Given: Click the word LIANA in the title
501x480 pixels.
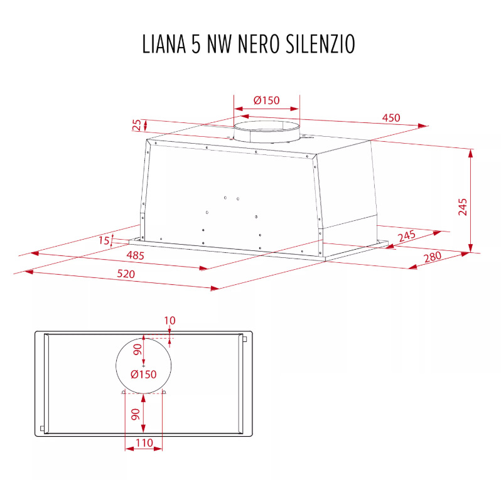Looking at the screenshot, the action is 164,44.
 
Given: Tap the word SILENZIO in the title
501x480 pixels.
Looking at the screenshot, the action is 320,44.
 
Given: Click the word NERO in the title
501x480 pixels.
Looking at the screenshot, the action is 259,44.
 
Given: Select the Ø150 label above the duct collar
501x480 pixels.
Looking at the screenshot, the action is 266,100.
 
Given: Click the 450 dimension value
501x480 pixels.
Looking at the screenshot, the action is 391,118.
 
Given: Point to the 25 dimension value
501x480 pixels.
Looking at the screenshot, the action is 137,125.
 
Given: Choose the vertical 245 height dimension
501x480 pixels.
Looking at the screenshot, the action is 463,207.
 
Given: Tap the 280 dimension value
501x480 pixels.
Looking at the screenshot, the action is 433,257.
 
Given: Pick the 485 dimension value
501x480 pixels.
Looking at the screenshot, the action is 135,255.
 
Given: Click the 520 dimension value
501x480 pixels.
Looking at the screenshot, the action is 126,274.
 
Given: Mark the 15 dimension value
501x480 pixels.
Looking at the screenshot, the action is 104,240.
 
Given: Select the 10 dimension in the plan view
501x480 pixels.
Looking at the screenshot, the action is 170,321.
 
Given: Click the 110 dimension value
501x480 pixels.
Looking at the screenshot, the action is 144,442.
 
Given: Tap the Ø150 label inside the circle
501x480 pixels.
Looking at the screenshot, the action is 144,375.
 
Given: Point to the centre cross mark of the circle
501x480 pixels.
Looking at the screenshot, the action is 144,366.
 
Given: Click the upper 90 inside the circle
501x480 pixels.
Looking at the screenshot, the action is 137,349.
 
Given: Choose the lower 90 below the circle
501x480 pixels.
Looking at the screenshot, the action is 136,414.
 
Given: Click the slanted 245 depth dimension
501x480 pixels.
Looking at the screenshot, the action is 407,236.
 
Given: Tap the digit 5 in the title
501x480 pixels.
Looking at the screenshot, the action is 196,44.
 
